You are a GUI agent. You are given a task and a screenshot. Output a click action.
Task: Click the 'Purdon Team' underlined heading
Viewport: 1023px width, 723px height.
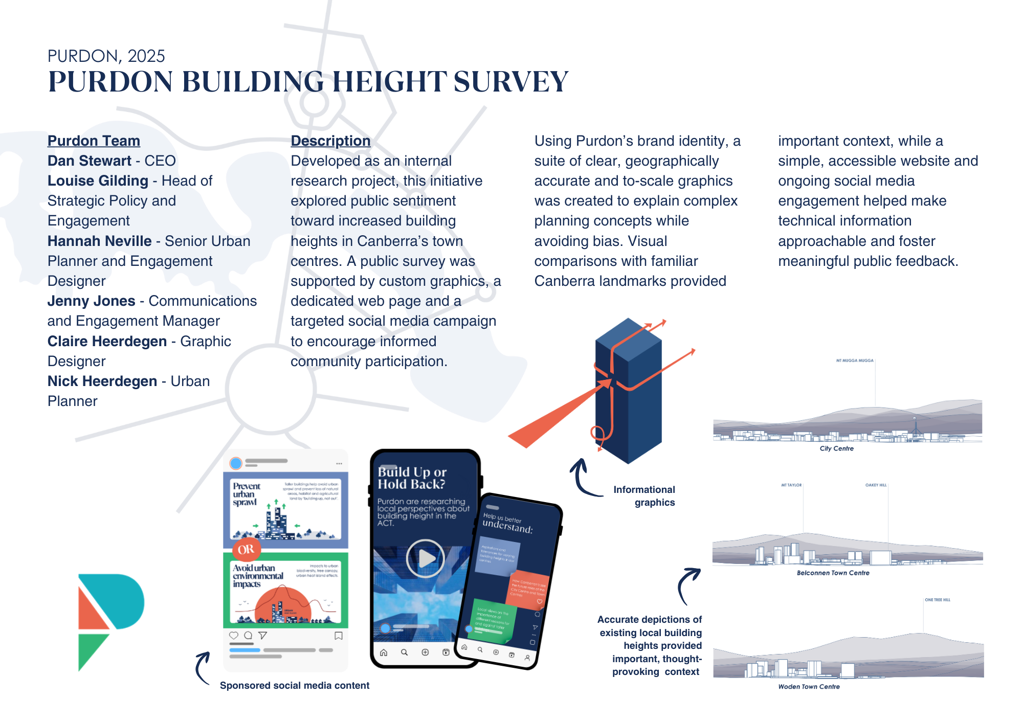[94, 141]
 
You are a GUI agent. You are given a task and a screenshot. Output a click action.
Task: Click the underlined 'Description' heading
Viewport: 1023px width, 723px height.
[330, 141]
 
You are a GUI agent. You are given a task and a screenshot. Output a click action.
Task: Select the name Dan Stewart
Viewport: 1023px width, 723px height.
[90, 161]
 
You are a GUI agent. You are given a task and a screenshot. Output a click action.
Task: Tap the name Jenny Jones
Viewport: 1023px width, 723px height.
[91, 301]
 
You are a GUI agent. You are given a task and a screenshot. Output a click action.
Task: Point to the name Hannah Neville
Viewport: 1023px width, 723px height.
[99, 241]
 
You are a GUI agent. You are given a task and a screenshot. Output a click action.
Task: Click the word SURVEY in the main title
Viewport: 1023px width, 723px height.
[510, 82]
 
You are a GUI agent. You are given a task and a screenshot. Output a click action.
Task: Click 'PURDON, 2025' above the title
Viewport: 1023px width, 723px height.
[106, 56]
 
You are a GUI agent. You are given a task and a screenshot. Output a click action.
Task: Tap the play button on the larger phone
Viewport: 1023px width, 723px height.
[425, 558]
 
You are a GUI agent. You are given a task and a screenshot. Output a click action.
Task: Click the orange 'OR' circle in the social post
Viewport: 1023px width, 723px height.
[246, 549]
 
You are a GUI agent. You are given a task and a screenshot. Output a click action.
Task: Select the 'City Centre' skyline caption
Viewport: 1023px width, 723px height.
[836, 448]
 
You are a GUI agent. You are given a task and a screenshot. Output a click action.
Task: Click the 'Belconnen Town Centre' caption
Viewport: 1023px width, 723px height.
[833, 573]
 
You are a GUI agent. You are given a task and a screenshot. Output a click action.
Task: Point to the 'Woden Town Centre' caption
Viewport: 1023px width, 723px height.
[809, 687]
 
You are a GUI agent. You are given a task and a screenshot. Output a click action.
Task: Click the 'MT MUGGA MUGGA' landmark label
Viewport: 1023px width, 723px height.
[854, 360]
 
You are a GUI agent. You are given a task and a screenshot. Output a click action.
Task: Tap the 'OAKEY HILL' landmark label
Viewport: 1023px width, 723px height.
[876, 485]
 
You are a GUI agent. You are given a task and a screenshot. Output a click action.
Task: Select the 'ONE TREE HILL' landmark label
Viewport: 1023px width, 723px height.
[937, 600]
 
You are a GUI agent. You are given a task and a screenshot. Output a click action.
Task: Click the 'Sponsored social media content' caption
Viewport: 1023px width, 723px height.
[294, 685]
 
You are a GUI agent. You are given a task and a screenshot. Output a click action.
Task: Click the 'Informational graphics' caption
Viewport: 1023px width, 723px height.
[644, 495]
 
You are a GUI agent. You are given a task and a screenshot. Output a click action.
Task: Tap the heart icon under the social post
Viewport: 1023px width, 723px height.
[234, 635]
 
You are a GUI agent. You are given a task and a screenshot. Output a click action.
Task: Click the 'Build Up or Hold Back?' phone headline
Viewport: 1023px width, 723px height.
[412, 478]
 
